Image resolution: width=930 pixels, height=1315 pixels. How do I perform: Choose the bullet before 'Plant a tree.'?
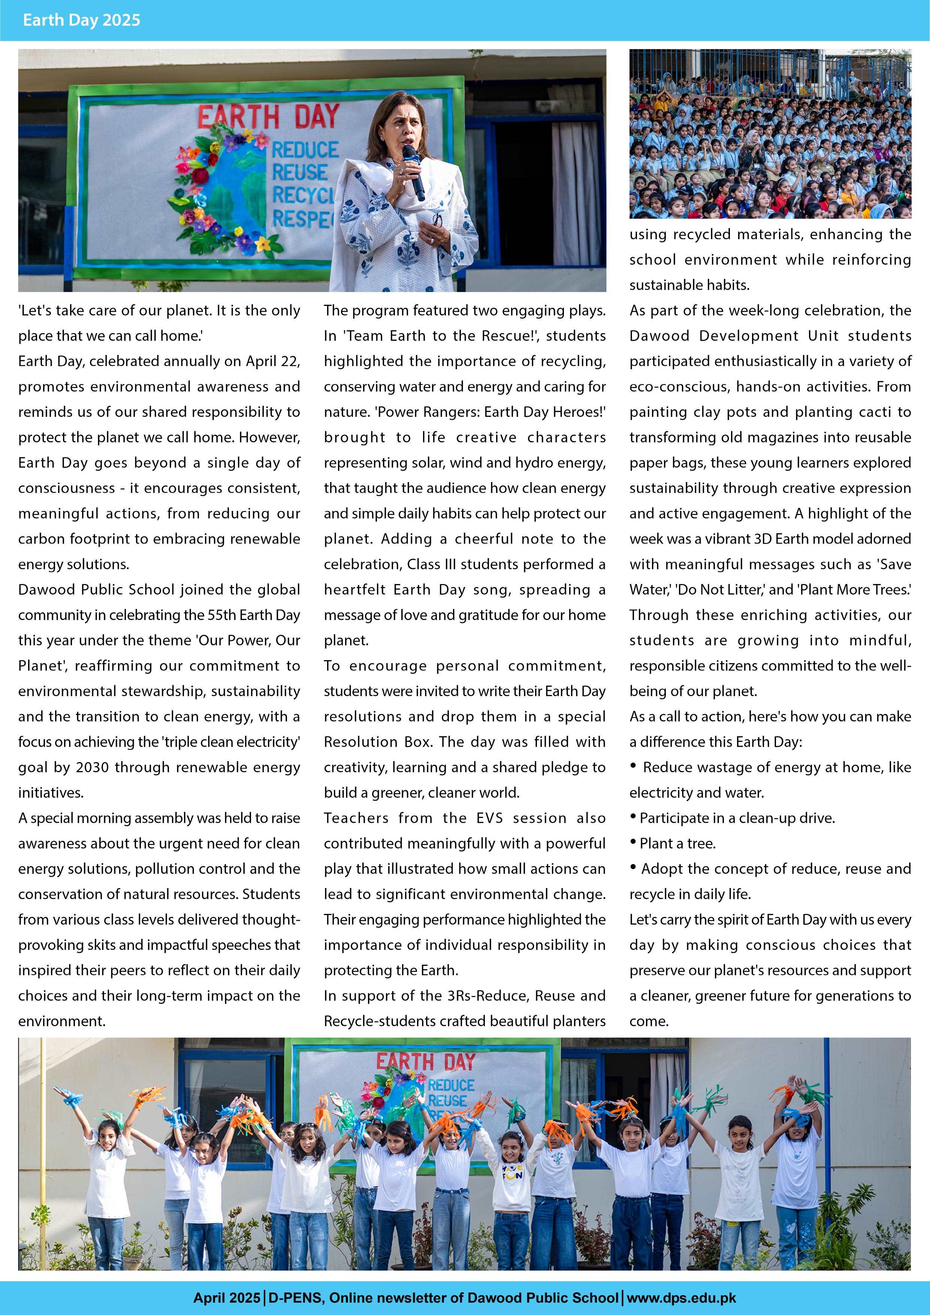(x=633, y=842)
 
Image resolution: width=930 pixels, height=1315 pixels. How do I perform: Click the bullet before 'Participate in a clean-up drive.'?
(x=633, y=817)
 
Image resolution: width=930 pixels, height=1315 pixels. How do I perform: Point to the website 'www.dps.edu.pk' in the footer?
(x=682, y=1298)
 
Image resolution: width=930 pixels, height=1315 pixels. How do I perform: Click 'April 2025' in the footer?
(x=226, y=1298)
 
